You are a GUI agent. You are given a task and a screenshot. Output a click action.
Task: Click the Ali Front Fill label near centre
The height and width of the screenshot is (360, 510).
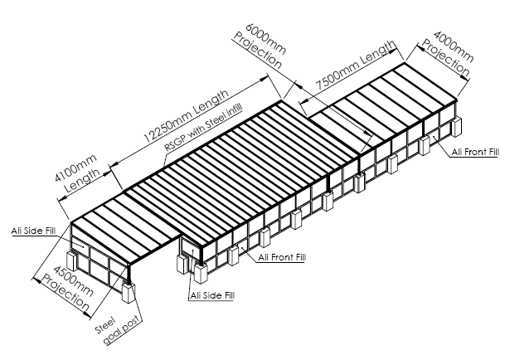[282, 258]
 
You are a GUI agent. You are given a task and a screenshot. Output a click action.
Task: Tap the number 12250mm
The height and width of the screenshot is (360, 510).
[162, 132]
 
